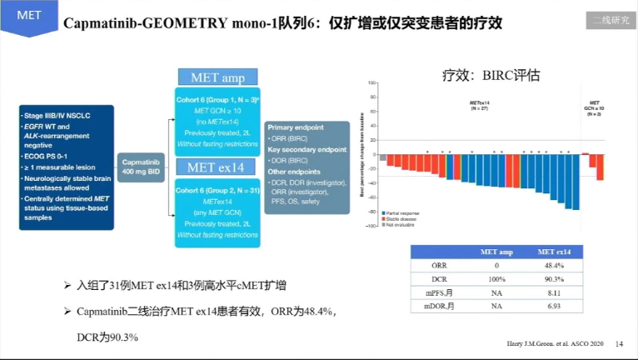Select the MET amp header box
[x=217, y=77]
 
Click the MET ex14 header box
[x=217, y=167]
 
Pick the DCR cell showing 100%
[x=497, y=278]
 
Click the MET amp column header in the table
[x=497, y=252]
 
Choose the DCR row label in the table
[x=439, y=278]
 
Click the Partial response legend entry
[x=402, y=213]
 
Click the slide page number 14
[x=618, y=343]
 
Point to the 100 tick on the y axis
[x=372, y=83]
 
